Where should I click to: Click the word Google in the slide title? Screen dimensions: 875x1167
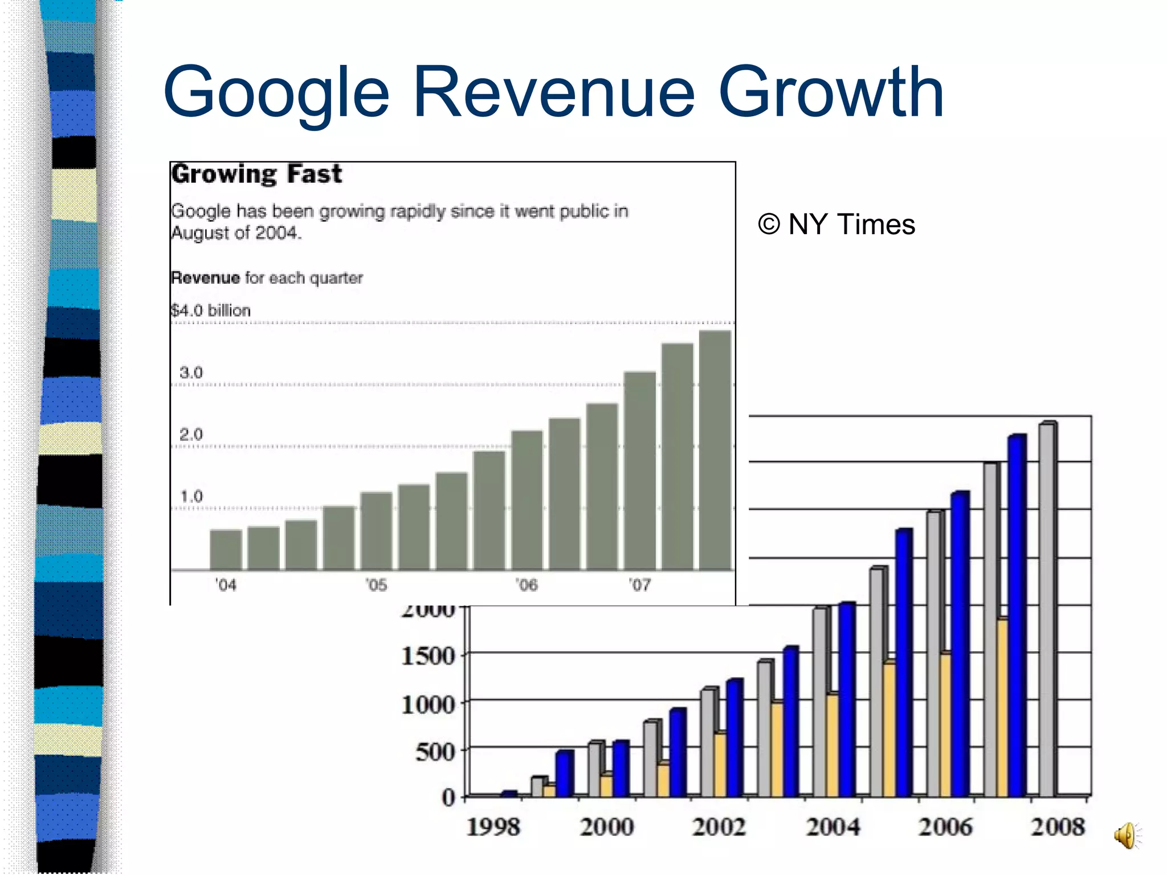coord(276,92)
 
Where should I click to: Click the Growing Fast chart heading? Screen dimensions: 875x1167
coord(256,174)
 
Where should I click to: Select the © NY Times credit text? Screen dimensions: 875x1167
coord(837,224)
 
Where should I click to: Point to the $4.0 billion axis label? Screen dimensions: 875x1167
coord(211,310)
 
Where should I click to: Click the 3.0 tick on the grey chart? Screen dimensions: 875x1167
coord(191,373)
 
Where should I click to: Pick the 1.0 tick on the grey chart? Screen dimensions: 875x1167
coord(191,496)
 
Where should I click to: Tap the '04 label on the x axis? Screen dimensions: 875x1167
coord(226,585)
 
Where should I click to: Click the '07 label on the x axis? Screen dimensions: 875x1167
coord(639,585)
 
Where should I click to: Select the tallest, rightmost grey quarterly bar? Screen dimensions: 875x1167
coord(715,450)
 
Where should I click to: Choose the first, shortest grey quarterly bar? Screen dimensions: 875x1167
coord(226,550)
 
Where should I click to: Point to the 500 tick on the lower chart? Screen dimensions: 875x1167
coord(435,752)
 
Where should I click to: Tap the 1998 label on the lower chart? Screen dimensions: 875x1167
coord(493,827)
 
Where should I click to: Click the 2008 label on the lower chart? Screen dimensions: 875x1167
coord(1058,827)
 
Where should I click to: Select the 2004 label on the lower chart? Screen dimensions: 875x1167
coord(833,827)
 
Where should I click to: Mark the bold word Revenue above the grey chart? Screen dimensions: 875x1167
coord(206,278)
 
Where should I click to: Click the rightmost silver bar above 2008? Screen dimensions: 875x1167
coord(1047,610)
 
